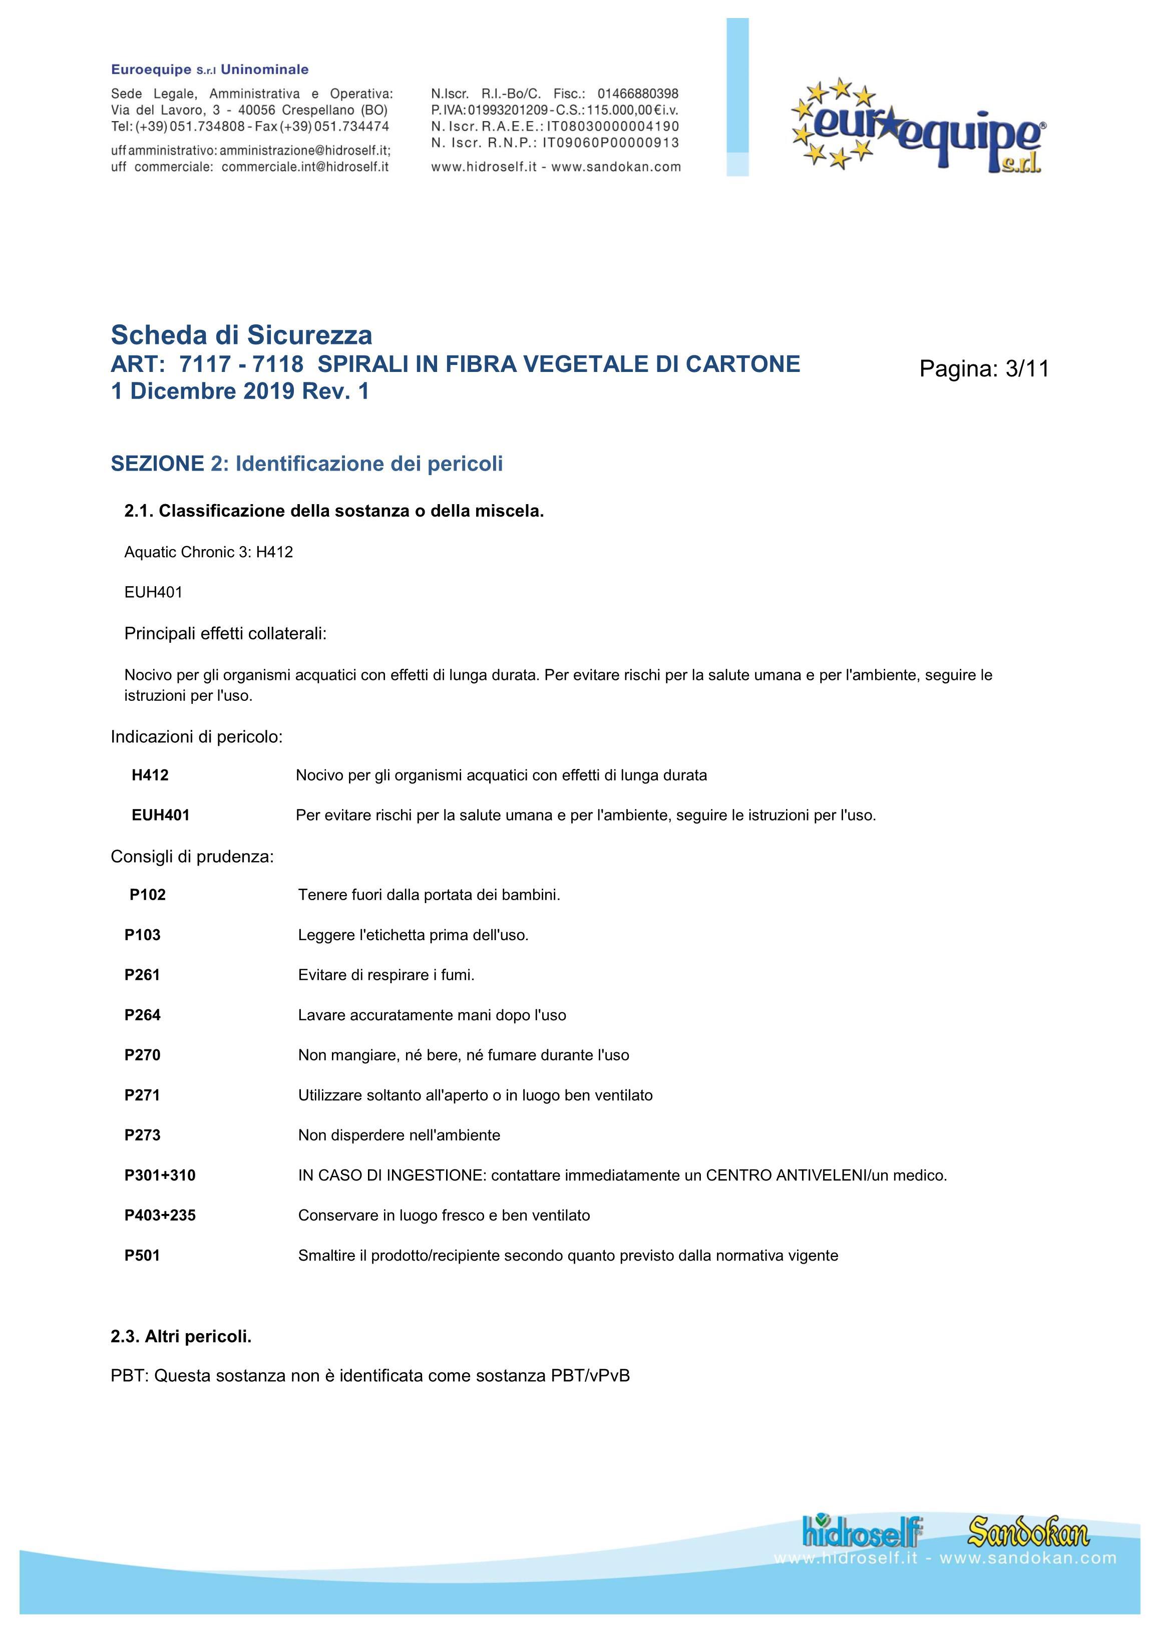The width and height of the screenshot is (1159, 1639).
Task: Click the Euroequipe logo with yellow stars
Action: [919, 126]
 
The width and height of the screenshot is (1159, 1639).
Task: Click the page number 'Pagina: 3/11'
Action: [984, 368]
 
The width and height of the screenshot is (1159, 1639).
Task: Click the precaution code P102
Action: [148, 895]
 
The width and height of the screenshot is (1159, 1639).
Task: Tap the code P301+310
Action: [160, 1175]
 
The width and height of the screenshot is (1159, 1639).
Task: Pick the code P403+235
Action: [160, 1215]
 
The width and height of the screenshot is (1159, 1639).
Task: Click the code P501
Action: [142, 1255]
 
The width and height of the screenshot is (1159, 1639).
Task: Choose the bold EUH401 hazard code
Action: [161, 814]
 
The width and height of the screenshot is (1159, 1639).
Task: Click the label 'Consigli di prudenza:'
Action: [192, 856]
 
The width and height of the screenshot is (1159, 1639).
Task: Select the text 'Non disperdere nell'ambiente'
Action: [399, 1135]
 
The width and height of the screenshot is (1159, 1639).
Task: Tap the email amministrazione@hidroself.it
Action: [305, 151]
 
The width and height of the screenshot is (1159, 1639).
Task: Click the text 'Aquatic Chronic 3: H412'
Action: [209, 552]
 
